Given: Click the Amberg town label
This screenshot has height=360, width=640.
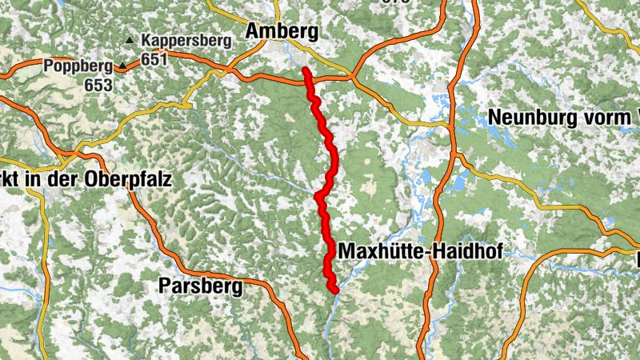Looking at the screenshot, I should (283, 31).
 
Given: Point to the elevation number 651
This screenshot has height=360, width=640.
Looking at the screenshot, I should (154, 58).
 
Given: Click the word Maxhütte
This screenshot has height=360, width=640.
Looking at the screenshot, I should (381, 252).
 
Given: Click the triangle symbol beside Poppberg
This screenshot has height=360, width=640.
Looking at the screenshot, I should (122, 66).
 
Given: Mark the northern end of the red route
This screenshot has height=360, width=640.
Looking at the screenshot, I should (306, 70).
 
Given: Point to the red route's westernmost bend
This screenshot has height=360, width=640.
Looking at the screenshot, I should (318, 195).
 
